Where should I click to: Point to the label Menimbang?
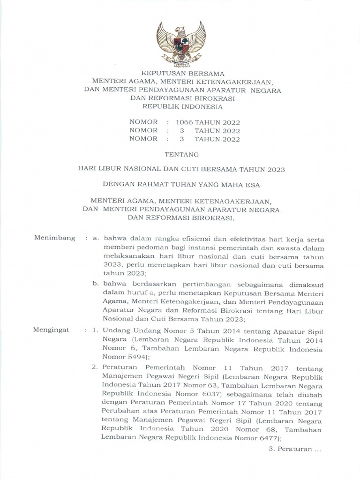55,238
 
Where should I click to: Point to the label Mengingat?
52,330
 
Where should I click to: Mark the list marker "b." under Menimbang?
96,284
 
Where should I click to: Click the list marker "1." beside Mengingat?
95,330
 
